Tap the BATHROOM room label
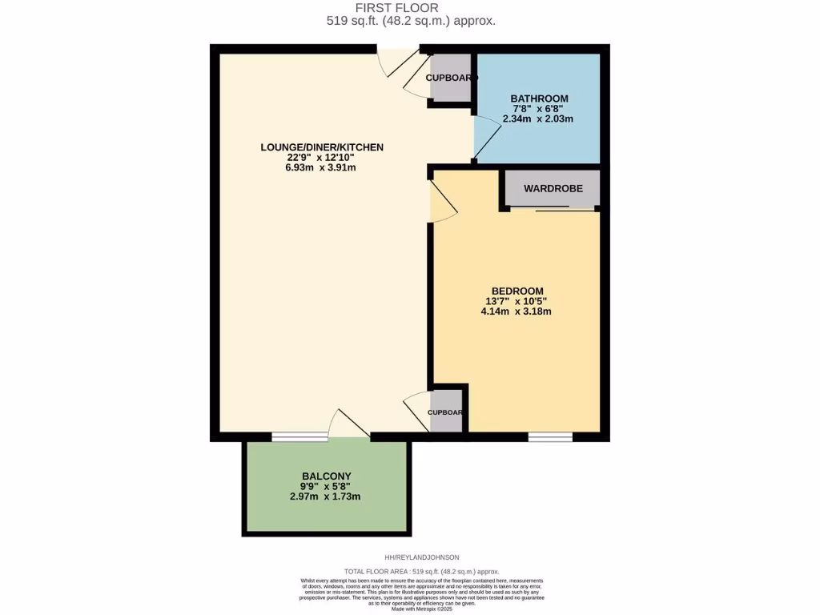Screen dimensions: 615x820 point(539,98)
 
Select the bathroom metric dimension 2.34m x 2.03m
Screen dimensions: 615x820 point(538,119)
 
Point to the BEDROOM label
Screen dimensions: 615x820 point(517,291)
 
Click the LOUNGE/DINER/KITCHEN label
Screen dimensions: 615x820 point(322,147)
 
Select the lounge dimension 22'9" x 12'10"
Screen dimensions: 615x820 point(321,158)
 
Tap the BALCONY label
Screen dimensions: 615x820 point(326,476)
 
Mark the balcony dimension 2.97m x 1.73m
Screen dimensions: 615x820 point(326,496)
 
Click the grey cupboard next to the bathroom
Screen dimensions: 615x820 point(450,78)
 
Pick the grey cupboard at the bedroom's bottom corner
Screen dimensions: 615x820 point(446,412)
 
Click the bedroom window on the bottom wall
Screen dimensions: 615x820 point(550,436)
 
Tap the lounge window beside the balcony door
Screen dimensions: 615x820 point(299,436)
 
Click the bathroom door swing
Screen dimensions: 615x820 point(487,137)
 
